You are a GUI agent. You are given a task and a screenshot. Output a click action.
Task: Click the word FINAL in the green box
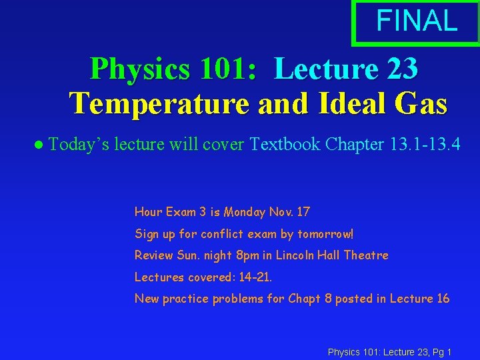417,21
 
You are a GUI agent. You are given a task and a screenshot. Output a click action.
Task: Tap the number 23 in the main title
401,68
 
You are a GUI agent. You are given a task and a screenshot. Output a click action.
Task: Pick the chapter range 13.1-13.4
423,144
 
